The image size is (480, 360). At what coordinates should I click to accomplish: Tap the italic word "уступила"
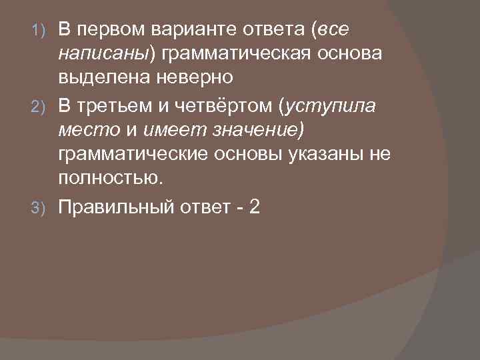click(332, 107)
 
